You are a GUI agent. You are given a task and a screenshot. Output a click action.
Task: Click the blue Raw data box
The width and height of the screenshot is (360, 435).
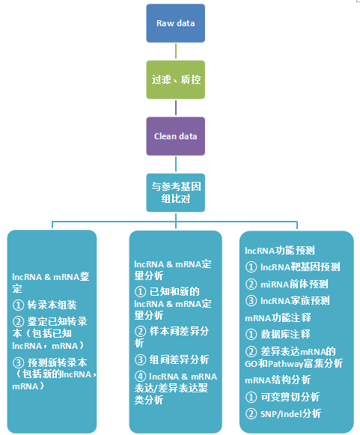point(176,23)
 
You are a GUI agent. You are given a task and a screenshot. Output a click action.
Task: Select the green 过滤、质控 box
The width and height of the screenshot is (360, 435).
point(176,79)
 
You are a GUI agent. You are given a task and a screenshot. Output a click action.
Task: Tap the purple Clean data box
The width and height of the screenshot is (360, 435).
point(176,136)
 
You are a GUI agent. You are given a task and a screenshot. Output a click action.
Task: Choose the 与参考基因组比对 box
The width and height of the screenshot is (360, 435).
point(176,193)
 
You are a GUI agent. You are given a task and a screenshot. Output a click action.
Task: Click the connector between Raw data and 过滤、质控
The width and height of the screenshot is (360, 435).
point(176,52)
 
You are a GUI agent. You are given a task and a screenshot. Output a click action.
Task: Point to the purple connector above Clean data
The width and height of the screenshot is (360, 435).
point(176,108)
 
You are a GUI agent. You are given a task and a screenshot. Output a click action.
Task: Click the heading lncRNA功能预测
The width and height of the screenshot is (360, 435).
point(280,251)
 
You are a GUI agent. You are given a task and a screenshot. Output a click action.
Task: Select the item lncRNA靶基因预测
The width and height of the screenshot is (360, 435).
point(300,267)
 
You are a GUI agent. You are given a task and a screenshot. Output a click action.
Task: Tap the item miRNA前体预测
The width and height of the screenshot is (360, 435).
point(294,284)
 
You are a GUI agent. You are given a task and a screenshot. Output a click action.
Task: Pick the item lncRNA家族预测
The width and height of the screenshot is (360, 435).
point(295,301)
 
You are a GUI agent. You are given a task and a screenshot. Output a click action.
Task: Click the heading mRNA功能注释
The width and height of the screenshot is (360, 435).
point(278,317)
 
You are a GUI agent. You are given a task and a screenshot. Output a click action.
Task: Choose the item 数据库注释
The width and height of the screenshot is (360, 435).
point(285,334)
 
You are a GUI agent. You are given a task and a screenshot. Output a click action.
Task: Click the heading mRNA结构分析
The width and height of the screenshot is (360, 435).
point(278,380)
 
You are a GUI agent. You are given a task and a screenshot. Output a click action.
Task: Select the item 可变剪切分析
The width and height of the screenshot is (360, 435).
point(290,397)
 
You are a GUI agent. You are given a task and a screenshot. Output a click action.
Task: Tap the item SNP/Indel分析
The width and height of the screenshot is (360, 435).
point(290,414)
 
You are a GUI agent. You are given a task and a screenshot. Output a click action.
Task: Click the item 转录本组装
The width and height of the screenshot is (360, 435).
point(52,305)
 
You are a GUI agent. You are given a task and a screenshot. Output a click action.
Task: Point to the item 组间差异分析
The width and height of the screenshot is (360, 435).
point(179,360)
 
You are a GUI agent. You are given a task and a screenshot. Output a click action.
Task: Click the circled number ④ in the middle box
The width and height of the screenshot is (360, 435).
point(141,377)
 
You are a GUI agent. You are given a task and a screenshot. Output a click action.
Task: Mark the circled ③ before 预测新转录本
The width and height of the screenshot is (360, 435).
point(18,362)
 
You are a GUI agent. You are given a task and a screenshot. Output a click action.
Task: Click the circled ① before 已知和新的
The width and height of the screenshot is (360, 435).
point(141,291)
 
